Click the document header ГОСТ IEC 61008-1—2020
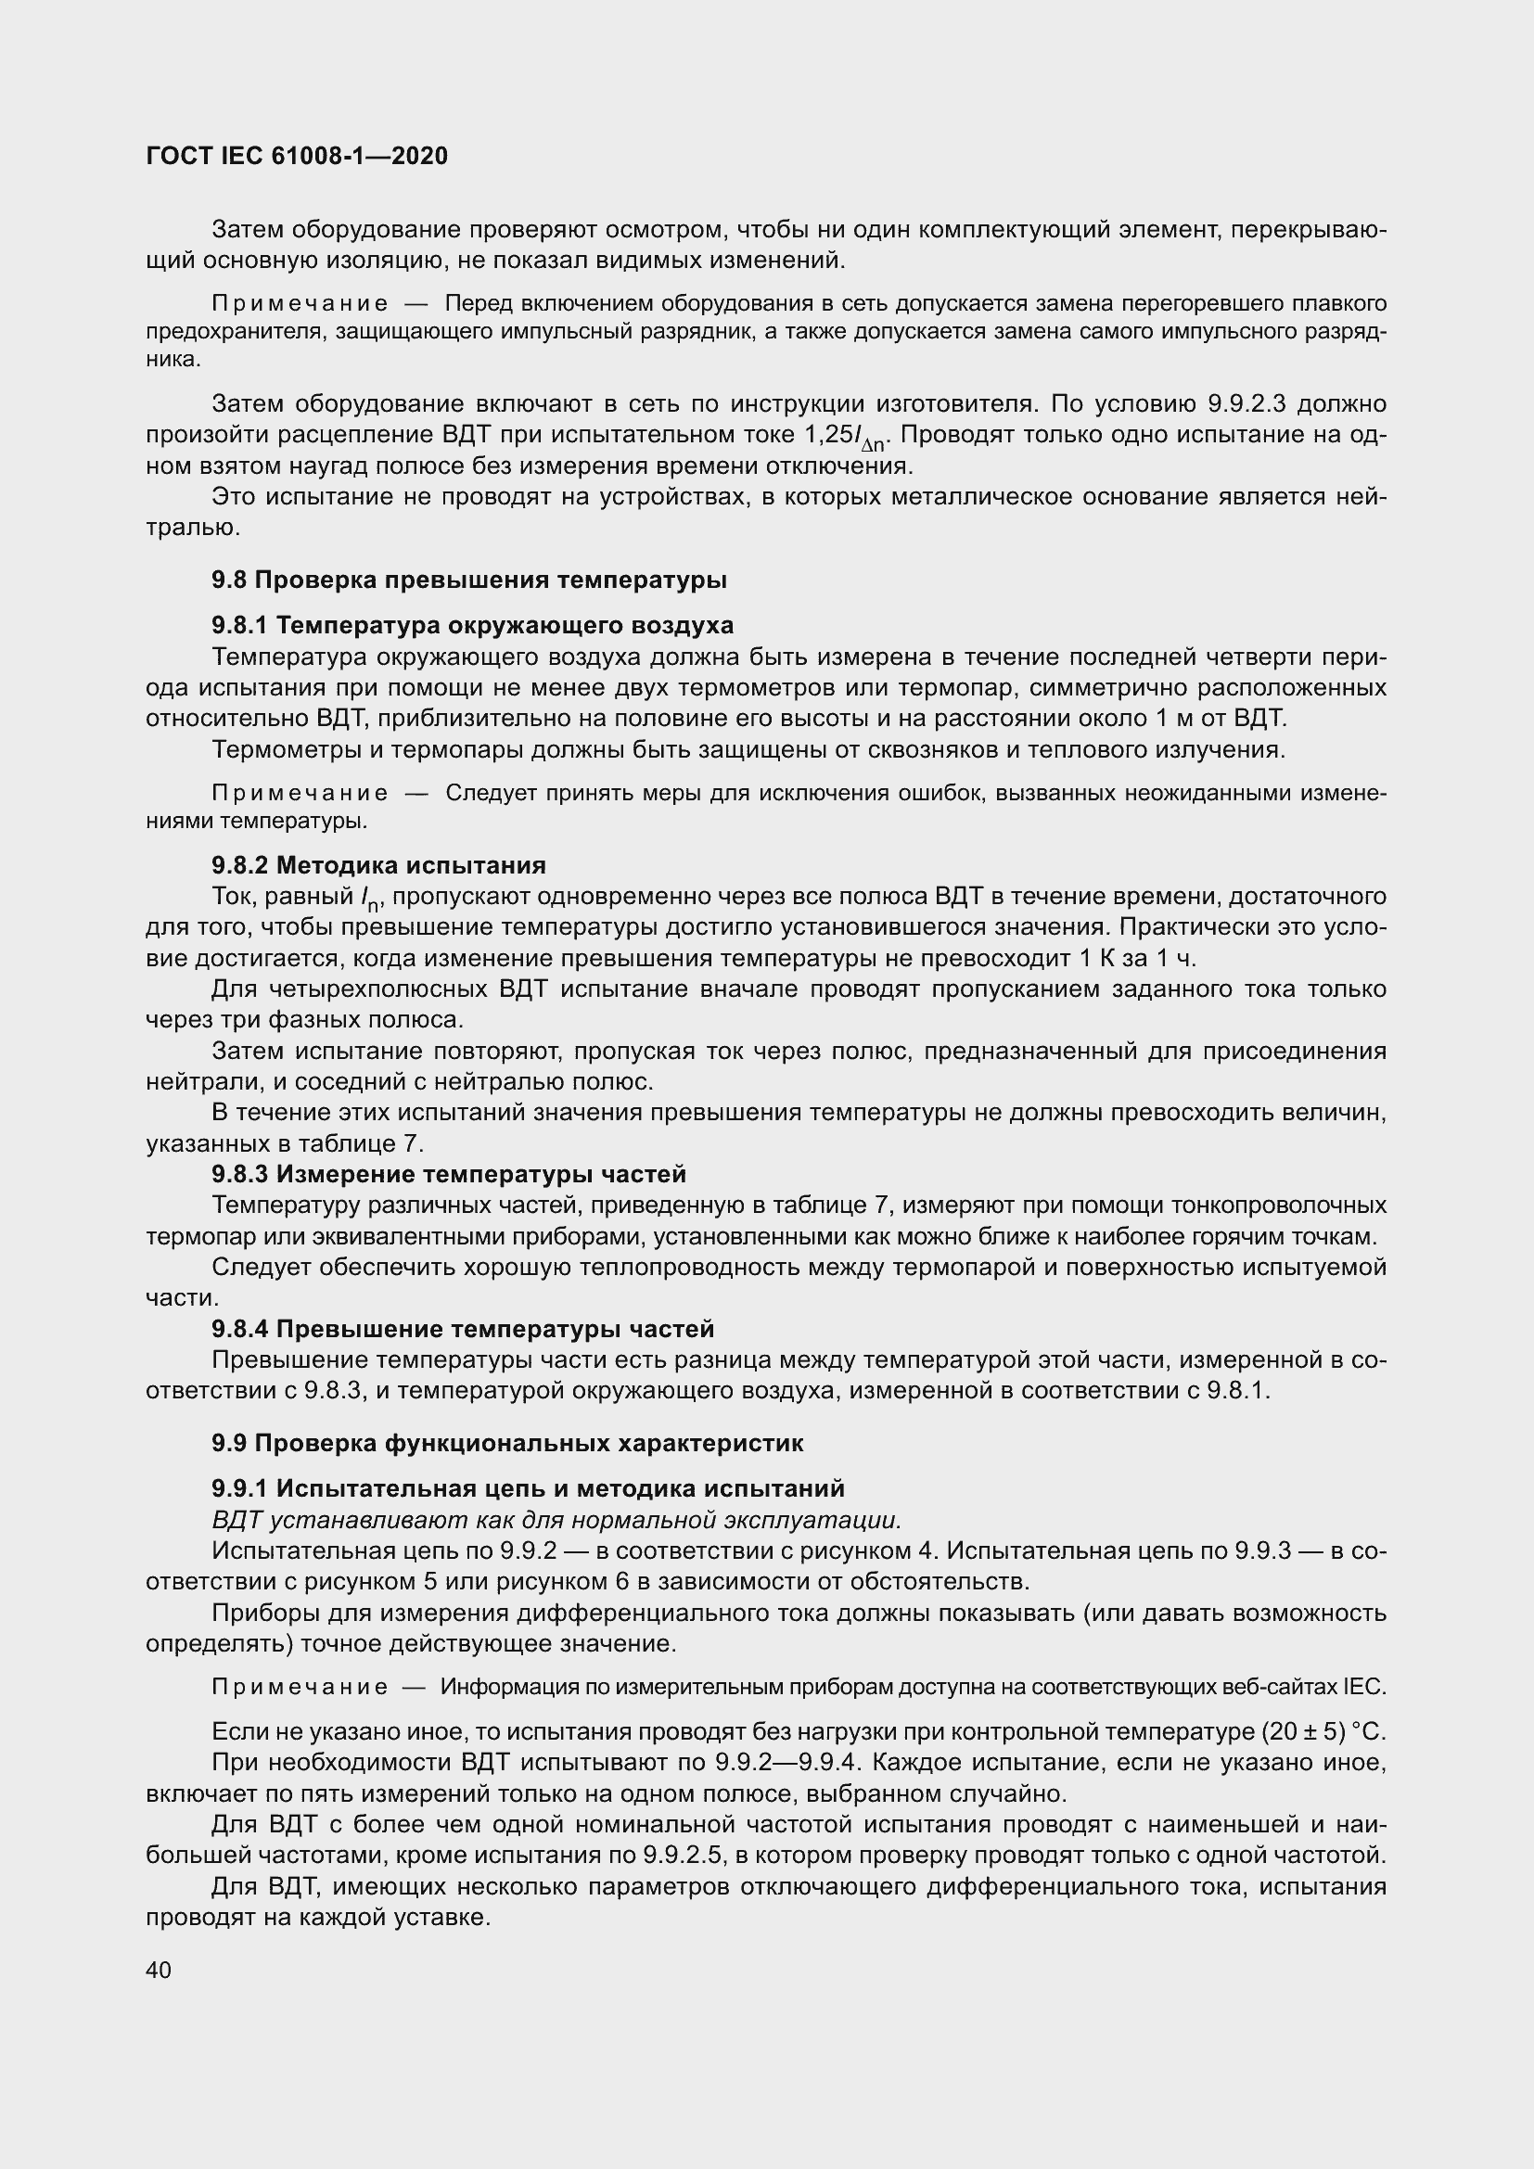point(297,156)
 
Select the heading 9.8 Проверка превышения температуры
point(468,580)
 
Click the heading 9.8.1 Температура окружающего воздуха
point(472,625)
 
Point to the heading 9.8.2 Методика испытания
point(378,865)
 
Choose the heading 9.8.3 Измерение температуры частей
point(449,1174)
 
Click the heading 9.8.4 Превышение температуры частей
point(463,1329)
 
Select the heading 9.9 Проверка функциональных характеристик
point(507,1443)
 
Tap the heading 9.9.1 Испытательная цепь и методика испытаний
point(528,1489)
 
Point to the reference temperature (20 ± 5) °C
point(1323,1731)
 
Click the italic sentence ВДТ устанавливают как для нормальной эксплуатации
point(557,1520)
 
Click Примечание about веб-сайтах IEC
point(300,1687)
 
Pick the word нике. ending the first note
point(173,359)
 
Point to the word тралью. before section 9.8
point(193,528)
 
